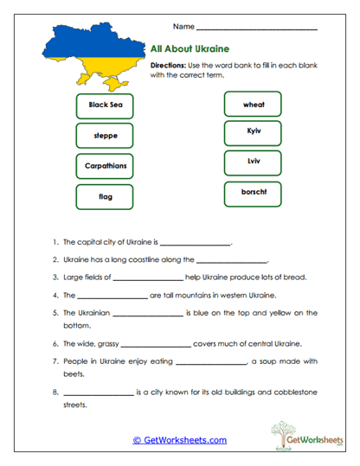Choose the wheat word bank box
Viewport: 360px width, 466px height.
(254, 105)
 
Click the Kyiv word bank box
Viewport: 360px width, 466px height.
(254, 133)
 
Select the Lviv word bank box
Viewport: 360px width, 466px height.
(254, 163)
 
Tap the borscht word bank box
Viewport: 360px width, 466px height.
(254, 193)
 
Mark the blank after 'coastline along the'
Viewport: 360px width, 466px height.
(232, 261)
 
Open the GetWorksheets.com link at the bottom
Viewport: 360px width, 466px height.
(179, 439)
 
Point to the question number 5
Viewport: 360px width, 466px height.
(55, 313)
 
